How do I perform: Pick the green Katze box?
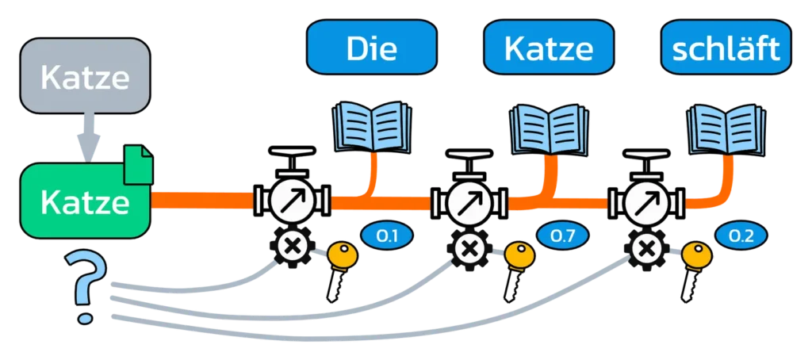85,202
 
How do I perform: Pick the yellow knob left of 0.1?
343,254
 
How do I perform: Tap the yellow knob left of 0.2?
699,254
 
